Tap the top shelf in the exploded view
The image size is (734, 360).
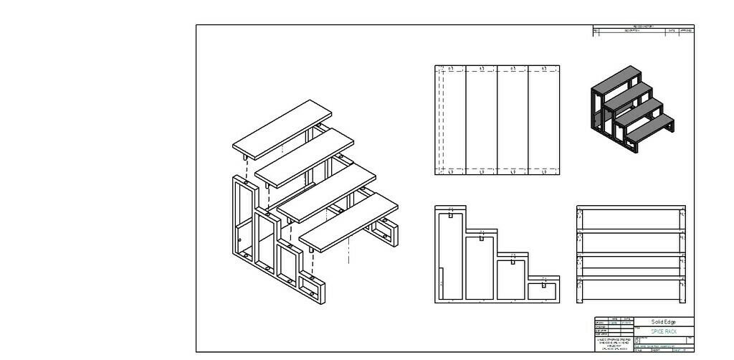tap(282, 129)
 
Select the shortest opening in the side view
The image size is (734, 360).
tap(543, 290)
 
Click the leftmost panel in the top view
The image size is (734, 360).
tap(450, 120)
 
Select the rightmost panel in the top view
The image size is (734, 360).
tap(543, 120)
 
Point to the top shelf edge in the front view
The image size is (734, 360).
tap(631, 208)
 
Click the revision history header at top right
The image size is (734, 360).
tap(643, 27)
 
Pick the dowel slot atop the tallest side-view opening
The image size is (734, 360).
tap(449, 214)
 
